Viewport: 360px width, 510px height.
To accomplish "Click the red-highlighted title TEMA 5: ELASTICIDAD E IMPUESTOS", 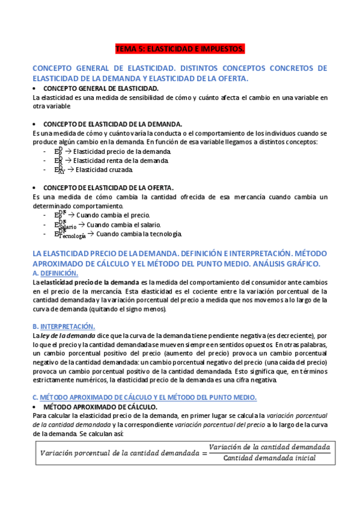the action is point(180,48).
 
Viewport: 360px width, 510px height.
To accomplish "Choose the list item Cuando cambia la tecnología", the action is point(138,234).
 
